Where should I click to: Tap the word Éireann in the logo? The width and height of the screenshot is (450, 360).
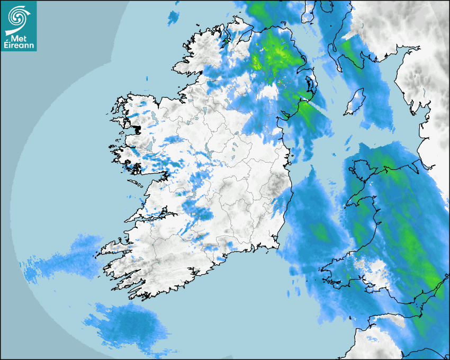point(19,46)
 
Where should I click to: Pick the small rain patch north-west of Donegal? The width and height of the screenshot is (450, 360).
point(173,18)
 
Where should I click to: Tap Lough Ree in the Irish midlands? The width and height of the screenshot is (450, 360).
point(212,154)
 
